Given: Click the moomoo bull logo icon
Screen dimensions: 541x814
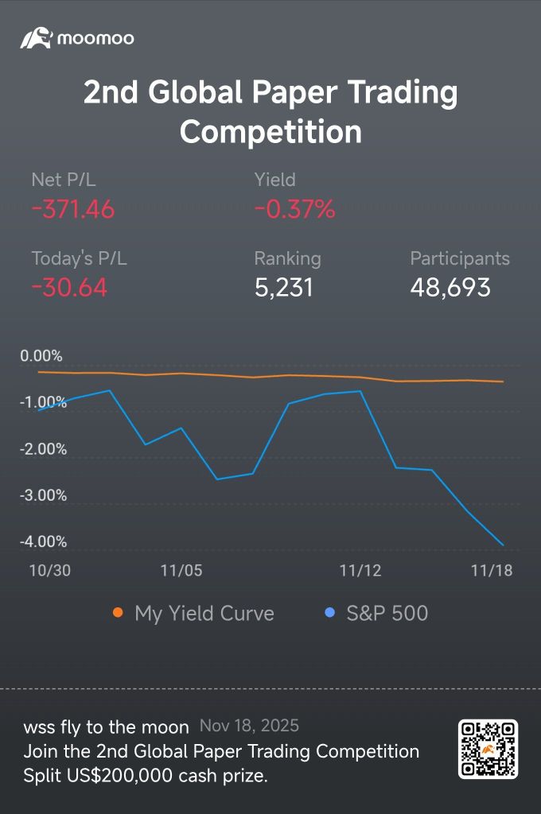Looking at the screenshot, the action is click(x=37, y=38).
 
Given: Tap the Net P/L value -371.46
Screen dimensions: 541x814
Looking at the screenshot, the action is click(x=72, y=209).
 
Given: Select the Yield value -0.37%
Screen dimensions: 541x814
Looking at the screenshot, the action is click(x=294, y=209).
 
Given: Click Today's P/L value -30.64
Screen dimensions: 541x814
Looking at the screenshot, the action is click(x=69, y=287).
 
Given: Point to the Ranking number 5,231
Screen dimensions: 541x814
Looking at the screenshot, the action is click(x=284, y=288).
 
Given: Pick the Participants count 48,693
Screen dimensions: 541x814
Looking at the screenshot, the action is click(x=450, y=288).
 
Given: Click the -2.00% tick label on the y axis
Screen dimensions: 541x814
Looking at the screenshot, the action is click(x=43, y=449).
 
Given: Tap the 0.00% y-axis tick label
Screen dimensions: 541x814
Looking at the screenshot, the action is click(x=41, y=356).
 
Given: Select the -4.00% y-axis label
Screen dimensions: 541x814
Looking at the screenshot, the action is click(x=43, y=542).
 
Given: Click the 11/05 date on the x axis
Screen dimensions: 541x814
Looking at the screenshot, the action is click(x=181, y=571).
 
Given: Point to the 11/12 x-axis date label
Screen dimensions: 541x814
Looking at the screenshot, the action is click(x=360, y=571).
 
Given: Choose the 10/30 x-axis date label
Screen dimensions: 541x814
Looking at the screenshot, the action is click(x=50, y=571).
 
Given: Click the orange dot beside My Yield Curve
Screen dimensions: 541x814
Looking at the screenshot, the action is click(x=118, y=613).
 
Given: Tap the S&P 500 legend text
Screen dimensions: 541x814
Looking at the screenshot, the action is click(x=387, y=613).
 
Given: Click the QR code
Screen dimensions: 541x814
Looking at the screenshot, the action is click(x=488, y=749).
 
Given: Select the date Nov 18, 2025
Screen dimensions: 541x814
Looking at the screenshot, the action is click(x=250, y=726).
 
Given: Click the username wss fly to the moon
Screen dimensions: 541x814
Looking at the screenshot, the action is click(x=106, y=727).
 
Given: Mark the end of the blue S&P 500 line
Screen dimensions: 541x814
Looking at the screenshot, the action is click(x=503, y=545).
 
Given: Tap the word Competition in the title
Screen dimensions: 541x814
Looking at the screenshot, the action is click(x=270, y=131).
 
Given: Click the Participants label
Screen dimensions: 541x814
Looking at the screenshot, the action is click(x=460, y=258).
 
